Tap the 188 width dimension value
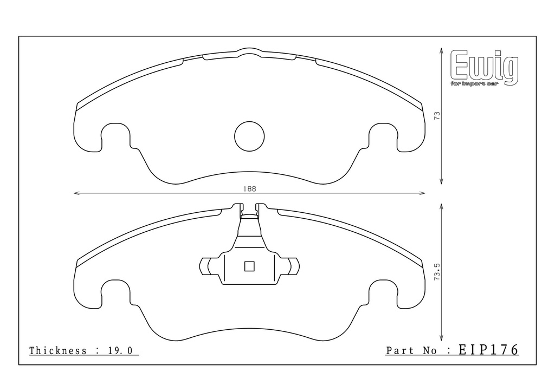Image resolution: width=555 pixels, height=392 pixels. tap(249, 189)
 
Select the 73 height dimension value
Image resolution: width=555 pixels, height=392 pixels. tap(437, 115)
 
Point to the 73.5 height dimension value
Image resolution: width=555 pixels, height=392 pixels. tap(437, 272)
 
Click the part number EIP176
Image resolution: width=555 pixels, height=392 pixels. tap(488, 350)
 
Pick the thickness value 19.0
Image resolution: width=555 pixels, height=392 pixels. tap(120, 351)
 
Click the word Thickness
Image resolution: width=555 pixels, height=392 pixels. tap(57, 351)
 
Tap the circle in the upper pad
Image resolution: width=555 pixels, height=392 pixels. tap(249, 136)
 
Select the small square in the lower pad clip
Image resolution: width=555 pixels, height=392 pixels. tap(249, 266)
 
